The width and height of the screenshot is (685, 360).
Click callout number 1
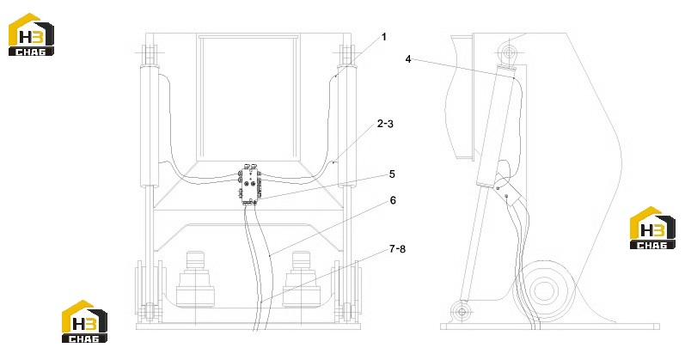384,37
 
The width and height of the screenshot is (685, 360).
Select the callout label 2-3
385,124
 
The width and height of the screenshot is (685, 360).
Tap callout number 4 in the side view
408,59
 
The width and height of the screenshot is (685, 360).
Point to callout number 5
392,174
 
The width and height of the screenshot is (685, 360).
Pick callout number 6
393,200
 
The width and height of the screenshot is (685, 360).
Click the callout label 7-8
397,249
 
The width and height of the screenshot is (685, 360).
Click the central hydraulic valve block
250,185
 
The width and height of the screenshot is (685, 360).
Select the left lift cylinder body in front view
149,126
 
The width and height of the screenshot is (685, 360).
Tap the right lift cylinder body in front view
347,126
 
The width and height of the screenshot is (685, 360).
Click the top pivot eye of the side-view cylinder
509,53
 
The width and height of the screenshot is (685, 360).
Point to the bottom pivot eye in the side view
462,312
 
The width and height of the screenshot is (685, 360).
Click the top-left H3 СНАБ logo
32,34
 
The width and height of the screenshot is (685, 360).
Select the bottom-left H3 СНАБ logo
84,321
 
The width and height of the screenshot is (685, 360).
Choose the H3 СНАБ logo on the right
652,228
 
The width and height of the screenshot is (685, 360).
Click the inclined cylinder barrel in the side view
498,126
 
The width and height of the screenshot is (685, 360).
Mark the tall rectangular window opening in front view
248,99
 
